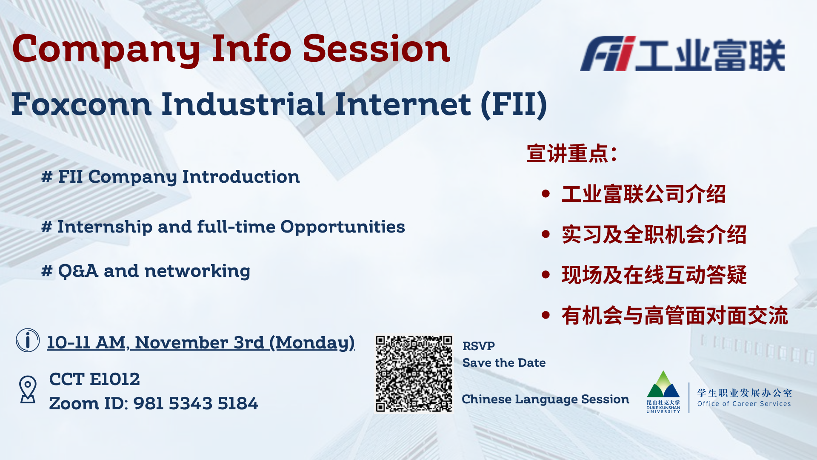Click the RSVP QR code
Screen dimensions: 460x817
point(414,374)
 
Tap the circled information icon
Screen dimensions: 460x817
point(28,340)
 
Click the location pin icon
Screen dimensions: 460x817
point(28,389)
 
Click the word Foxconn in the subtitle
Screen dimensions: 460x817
point(81,104)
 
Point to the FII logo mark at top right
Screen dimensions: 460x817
point(608,54)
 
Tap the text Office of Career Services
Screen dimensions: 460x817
point(744,404)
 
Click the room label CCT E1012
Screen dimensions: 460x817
point(94,379)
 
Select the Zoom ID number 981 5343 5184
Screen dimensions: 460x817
point(196,404)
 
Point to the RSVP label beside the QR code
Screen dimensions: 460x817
point(478,346)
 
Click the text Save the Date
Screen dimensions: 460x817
point(504,363)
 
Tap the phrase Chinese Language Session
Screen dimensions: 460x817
point(545,399)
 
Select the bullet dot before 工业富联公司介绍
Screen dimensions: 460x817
point(546,194)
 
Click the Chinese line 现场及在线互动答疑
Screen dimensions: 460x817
point(654,275)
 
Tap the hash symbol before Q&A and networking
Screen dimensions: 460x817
point(46,271)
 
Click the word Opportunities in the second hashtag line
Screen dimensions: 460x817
point(343,227)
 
